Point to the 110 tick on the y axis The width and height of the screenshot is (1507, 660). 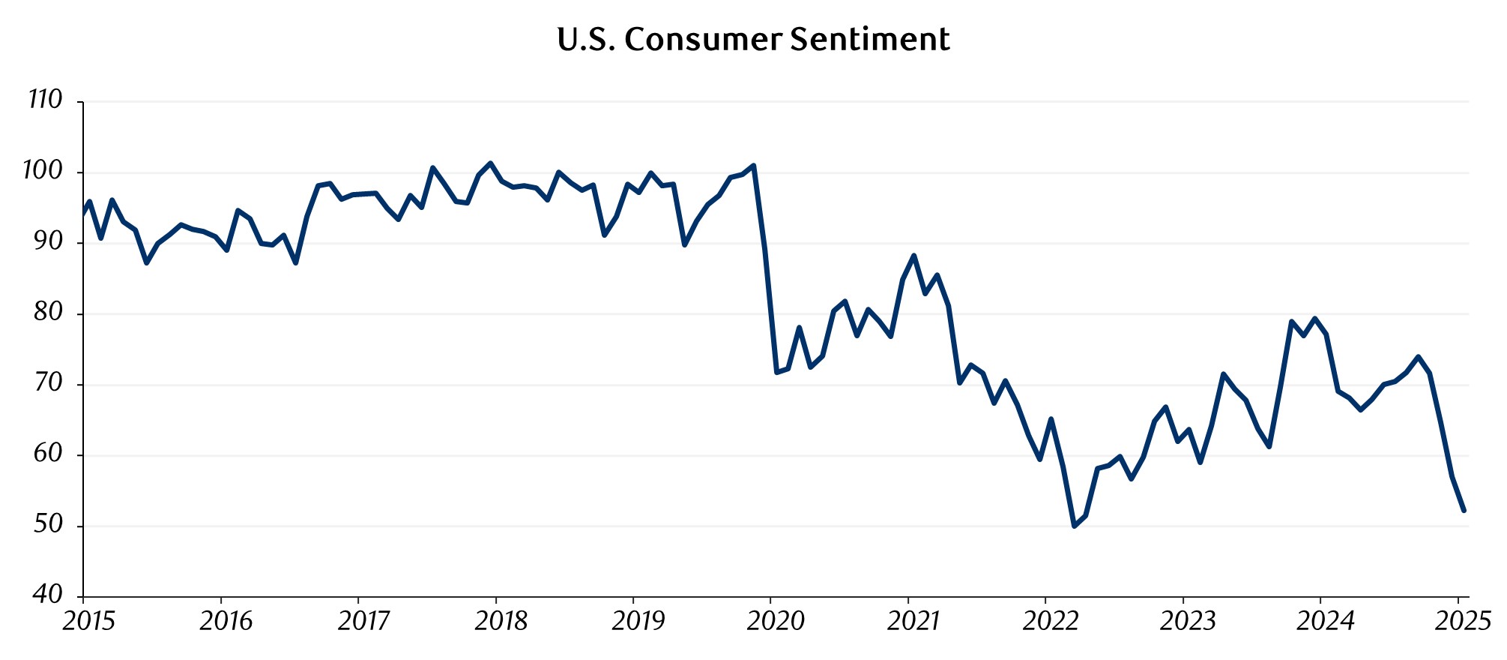(45, 100)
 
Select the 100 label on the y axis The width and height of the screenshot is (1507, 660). (43, 171)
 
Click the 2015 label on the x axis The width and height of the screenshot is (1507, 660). (88, 621)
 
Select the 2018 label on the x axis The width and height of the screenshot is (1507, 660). (501, 621)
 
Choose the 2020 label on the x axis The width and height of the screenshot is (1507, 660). (776, 621)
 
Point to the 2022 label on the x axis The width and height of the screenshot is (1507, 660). (1051, 621)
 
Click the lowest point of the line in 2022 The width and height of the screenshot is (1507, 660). (1074, 526)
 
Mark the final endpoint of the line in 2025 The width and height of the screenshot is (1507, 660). (1464, 511)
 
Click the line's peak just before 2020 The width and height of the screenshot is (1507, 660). (753, 165)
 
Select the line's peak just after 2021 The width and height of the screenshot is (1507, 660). (913, 256)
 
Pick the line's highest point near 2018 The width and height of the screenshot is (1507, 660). (490, 163)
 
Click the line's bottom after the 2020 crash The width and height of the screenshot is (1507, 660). (776, 373)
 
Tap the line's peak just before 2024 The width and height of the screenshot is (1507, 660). (1314, 318)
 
